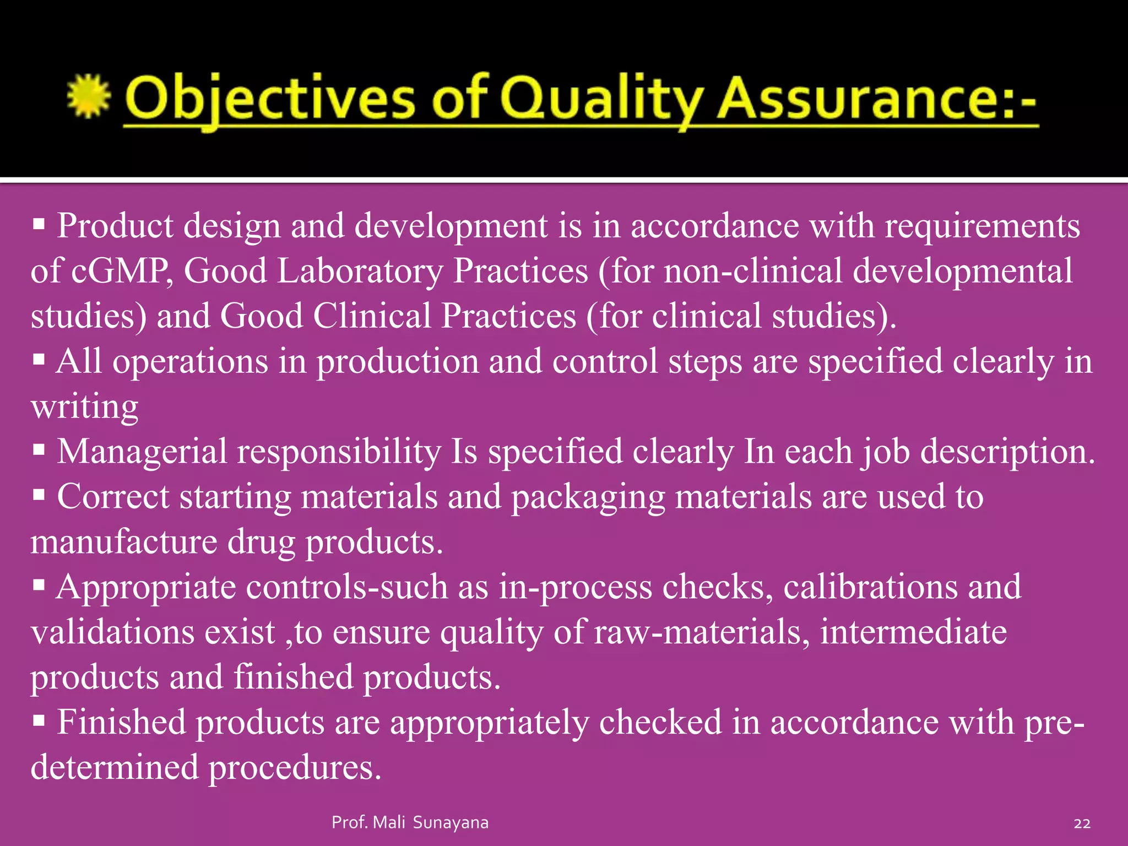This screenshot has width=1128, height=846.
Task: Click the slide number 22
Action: click(1082, 823)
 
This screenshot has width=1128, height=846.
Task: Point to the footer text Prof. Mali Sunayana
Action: click(410, 822)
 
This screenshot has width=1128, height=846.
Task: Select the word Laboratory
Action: click(360, 272)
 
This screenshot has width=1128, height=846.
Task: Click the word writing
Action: click(84, 408)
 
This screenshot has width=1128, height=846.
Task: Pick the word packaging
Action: click(588, 497)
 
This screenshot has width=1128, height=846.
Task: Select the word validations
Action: click(112, 632)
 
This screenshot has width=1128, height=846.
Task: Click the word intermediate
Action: click(913, 632)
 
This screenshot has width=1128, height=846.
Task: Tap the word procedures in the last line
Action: click(295, 767)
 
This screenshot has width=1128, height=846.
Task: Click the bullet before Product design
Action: click(39, 224)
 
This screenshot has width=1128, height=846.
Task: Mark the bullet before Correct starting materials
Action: click(39, 495)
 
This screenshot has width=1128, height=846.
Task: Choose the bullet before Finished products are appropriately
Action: click(39, 720)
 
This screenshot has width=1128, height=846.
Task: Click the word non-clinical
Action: click(753, 272)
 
